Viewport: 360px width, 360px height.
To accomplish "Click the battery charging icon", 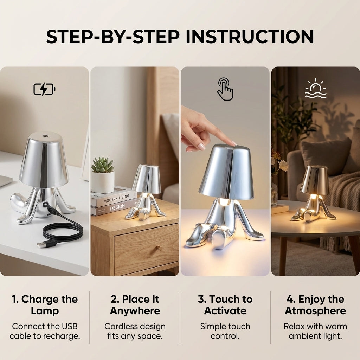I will click(44, 89).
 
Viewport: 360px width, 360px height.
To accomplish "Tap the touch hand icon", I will click(225, 89).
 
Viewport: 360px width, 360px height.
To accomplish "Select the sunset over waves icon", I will click(315, 89).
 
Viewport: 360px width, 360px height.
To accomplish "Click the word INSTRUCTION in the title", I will click(250, 37).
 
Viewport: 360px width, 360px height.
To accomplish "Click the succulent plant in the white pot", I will click(102, 165).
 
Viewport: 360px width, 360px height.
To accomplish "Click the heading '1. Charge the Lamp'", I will click(45, 305).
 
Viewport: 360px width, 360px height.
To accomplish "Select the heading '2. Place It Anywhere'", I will click(135, 305).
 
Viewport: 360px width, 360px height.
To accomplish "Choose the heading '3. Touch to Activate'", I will click(225, 305).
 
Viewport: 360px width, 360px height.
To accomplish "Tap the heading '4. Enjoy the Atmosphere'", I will click(315, 305).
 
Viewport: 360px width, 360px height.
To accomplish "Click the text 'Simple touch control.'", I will click(225, 331).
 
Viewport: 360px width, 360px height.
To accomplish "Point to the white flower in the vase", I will click(283, 166).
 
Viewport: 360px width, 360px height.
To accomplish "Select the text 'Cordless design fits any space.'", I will click(135, 331).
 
